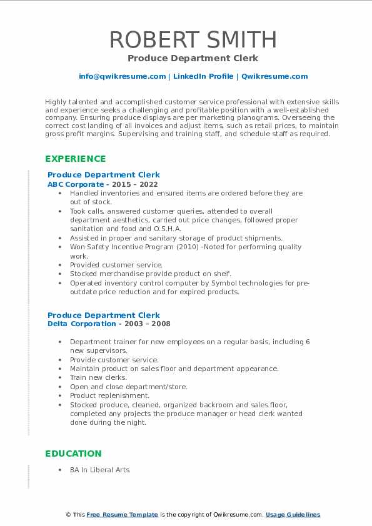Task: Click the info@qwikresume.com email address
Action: click(122, 76)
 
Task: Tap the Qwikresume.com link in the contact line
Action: click(274, 76)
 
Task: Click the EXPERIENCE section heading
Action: click(76, 159)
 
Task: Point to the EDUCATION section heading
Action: click(73, 454)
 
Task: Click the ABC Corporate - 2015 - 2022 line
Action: click(103, 184)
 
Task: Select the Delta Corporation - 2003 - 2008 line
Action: click(109, 324)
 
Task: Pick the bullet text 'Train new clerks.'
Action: click(98, 377)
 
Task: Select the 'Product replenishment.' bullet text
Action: click(109, 395)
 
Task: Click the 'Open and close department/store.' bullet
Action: click(128, 387)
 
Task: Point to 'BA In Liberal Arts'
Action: click(99, 470)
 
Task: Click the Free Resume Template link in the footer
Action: click(122, 515)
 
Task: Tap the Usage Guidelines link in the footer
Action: click(293, 515)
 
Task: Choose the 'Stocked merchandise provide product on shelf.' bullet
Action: click(150, 274)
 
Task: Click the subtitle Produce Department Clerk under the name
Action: click(193, 58)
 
